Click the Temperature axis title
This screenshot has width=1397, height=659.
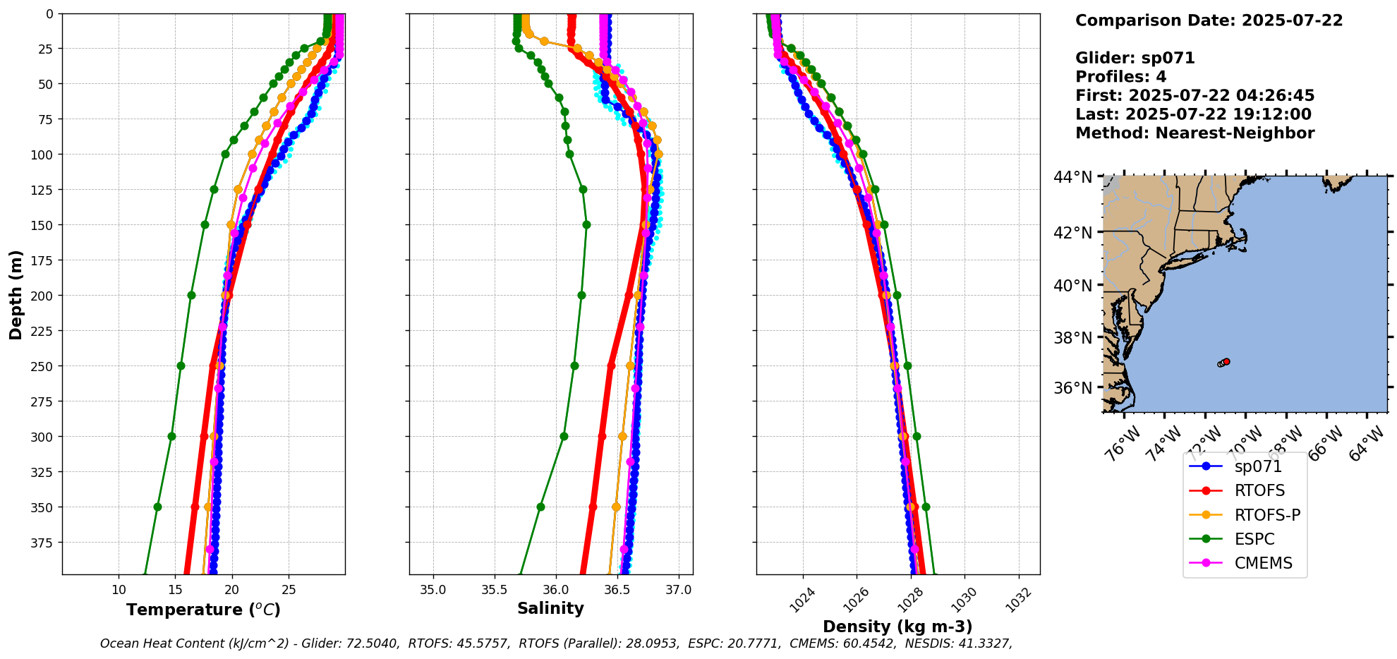tap(203, 610)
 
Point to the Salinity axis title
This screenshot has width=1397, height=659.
tap(550, 608)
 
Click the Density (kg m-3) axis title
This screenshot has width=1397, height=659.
tap(897, 627)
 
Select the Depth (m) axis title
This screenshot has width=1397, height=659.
tap(16, 294)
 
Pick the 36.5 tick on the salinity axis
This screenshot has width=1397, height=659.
tap(617, 590)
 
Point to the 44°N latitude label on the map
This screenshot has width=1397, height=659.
tap(1072, 177)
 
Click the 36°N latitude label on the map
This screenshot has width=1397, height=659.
tap(1072, 388)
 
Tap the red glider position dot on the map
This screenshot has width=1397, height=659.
tap(1226, 361)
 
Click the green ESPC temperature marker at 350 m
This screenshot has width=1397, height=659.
tap(157, 507)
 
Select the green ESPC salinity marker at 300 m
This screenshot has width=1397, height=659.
tap(564, 436)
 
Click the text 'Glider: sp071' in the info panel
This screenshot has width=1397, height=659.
tap(1135, 58)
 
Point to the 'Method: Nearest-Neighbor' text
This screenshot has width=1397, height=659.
tap(1195, 133)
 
